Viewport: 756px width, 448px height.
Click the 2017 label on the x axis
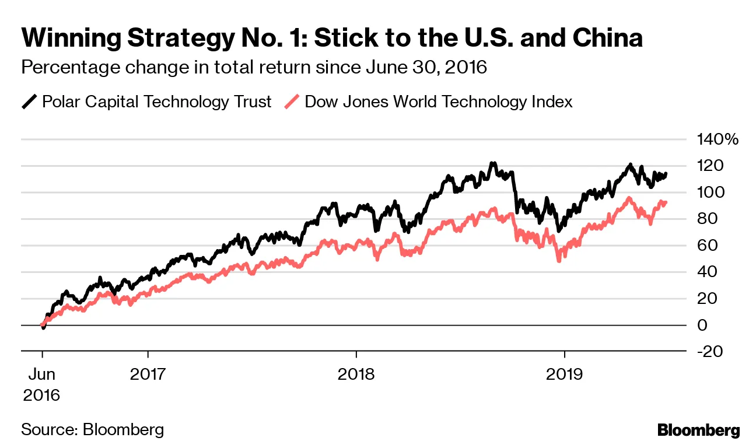click(148, 373)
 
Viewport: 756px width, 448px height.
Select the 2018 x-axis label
click(356, 373)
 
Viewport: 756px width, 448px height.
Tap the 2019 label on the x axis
click(564, 373)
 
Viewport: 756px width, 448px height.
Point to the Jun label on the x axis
click(41, 373)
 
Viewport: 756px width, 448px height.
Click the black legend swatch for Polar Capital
click(29, 102)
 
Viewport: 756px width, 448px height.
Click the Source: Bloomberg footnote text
click(92, 430)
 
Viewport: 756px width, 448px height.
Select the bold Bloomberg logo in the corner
click(698, 430)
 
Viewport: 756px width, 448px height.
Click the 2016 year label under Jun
click(41, 395)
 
